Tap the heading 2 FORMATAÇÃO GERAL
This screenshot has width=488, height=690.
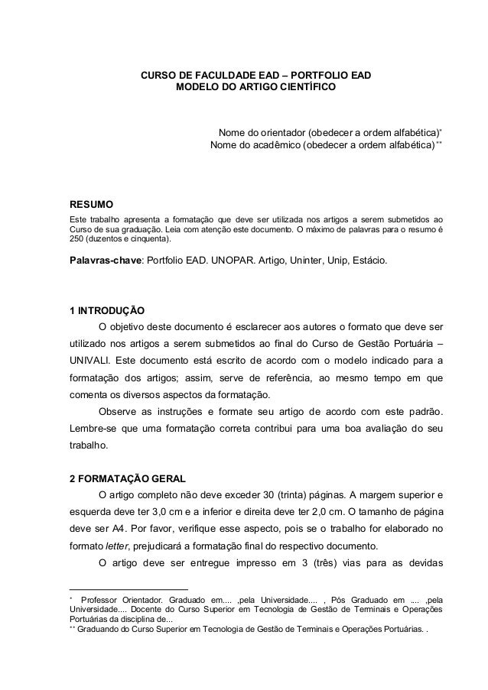pyautogui.click(x=126, y=479)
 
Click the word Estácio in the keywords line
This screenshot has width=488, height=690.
pyautogui.click(x=369, y=261)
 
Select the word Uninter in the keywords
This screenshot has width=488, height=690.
pyautogui.click(x=302, y=261)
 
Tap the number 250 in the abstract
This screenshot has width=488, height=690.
pyautogui.click(x=79, y=239)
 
